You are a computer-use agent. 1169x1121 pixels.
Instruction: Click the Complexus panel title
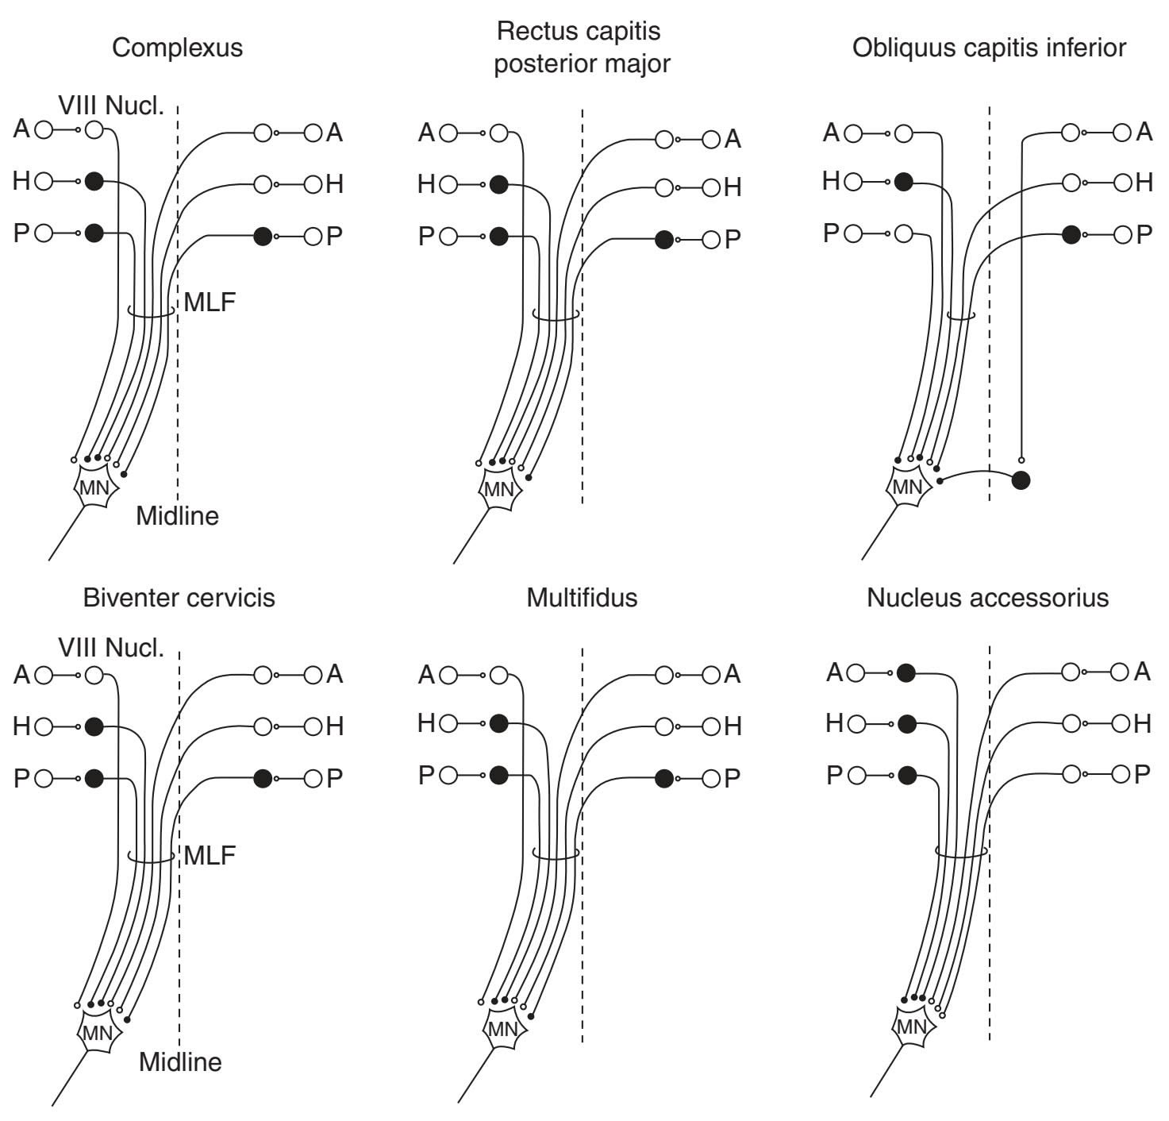[x=177, y=48]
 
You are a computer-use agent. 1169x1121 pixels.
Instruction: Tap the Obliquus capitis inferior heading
[x=989, y=48]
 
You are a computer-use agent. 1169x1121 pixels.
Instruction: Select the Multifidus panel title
[x=582, y=597]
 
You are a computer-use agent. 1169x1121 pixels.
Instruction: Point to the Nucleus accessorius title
[x=987, y=597]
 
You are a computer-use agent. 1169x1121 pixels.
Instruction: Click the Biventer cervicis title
[x=179, y=597]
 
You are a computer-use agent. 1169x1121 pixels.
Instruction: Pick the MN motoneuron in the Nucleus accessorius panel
[x=911, y=1027]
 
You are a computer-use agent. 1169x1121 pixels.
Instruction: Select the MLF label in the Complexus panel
[x=210, y=302]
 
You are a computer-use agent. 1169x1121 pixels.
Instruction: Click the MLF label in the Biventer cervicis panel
[x=210, y=855]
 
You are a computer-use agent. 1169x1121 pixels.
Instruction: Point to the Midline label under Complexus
[x=177, y=516]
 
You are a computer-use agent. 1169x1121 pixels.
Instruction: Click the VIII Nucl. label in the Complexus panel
[x=111, y=105]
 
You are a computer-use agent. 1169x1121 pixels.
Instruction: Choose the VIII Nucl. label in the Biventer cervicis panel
[x=111, y=648]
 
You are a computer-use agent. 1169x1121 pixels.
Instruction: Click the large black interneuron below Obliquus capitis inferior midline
[x=1021, y=480]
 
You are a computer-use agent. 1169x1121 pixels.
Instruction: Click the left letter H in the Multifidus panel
[x=426, y=723]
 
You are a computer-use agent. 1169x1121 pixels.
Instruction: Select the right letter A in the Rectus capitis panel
[x=733, y=140]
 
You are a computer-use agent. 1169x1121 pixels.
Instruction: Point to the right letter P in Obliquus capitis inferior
[x=1144, y=235]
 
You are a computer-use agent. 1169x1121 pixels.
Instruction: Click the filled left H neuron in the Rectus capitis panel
[x=498, y=184]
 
